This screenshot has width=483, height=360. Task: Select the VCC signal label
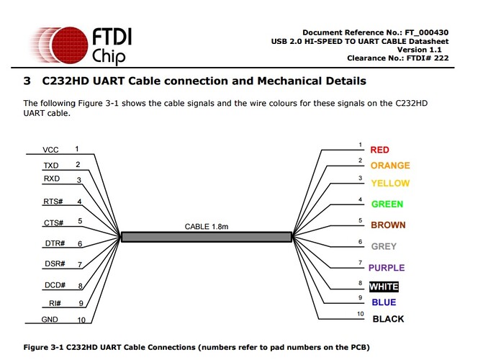50,150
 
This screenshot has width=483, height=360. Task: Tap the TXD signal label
51,165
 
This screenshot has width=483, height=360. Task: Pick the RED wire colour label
379,150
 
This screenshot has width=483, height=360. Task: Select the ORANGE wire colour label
389,166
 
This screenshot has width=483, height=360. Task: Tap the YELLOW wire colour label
389,183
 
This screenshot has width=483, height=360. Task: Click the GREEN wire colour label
387,204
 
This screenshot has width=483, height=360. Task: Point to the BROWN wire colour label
388,225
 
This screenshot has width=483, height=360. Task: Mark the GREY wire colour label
384,246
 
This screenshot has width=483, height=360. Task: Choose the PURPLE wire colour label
387,268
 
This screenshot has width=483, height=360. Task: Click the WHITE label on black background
384,287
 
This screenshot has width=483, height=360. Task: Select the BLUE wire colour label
384,302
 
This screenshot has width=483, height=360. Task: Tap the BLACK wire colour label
388,319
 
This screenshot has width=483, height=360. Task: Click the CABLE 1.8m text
207,226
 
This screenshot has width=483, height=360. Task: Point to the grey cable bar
207,236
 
